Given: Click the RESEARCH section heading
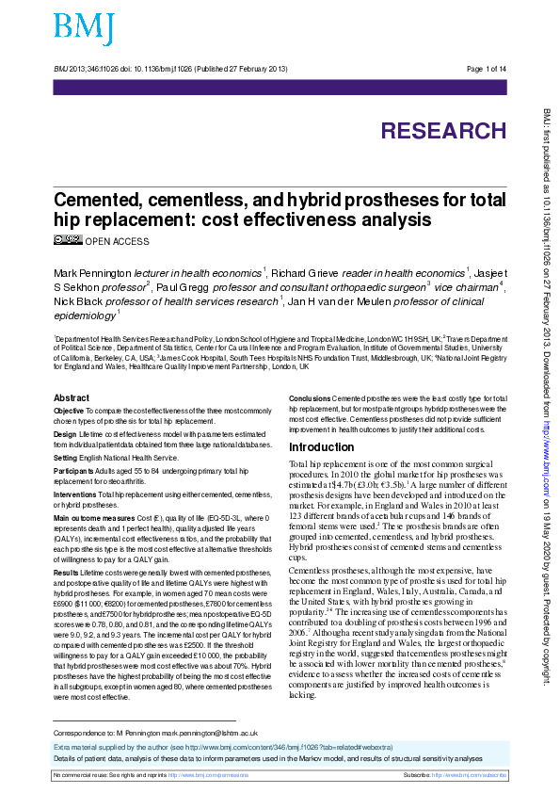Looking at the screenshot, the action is pyautogui.click(x=443, y=130).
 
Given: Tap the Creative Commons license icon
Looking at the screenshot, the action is pyautogui.click(x=68, y=240).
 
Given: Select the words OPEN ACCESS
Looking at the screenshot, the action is pyautogui.click(x=117, y=242).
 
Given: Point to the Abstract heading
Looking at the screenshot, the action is pyautogui.click(x=72, y=398).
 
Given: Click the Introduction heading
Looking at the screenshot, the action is pyautogui.click(x=321, y=446).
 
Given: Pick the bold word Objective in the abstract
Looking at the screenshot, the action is pyautogui.click(x=69, y=412).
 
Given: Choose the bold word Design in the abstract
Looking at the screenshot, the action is pyautogui.click(x=65, y=434).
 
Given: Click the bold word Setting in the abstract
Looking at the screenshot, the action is pyautogui.click(x=66, y=457).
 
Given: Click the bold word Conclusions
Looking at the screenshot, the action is pyautogui.click(x=309, y=399).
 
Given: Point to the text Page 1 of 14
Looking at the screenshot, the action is pyautogui.click(x=487, y=70).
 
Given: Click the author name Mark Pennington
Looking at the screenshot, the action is pyautogui.click(x=93, y=272).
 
